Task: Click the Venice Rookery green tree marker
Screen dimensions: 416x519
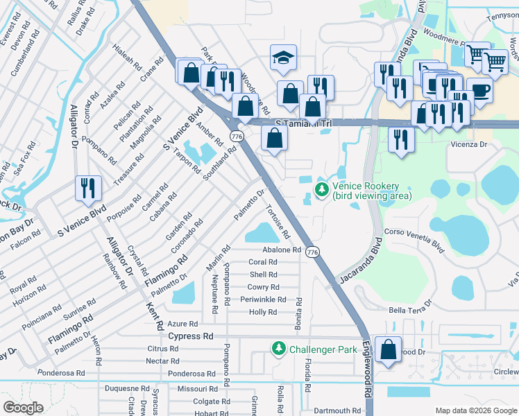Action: (321, 189)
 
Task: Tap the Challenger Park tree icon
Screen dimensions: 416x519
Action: (278, 348)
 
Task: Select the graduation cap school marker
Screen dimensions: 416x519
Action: (282, 58)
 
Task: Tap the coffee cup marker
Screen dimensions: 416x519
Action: (479, 89)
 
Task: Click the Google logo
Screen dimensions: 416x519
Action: (23, 407)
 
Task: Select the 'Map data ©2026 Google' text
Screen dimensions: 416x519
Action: (476, 410)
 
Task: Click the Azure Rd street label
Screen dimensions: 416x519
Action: (183, 324)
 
